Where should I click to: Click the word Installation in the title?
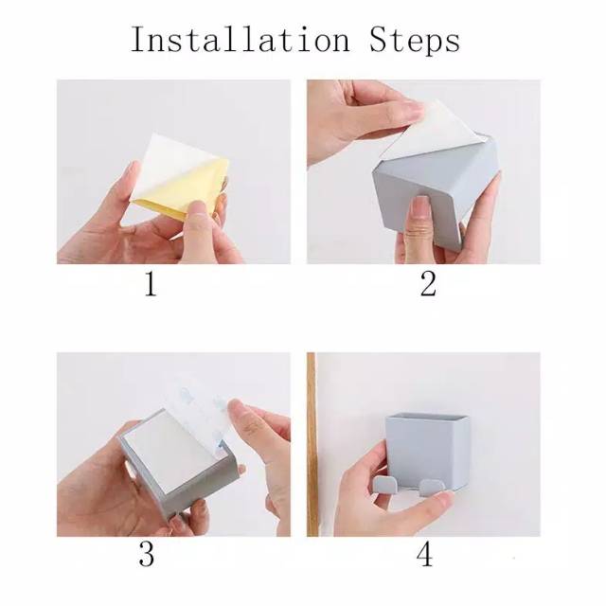click(x=240, y=39)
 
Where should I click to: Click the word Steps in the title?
click(x=415, y=41)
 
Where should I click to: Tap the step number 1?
click(x=151, y=284)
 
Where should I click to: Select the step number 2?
click(x=428, y=284)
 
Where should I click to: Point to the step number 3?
click(x=147, y=555)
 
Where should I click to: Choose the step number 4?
click(x=424, y=555)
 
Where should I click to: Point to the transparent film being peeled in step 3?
click(x=201, y=410)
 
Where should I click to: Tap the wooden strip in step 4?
click(x=312, y=444)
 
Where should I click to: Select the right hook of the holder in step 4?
click(x=431, y=488)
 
